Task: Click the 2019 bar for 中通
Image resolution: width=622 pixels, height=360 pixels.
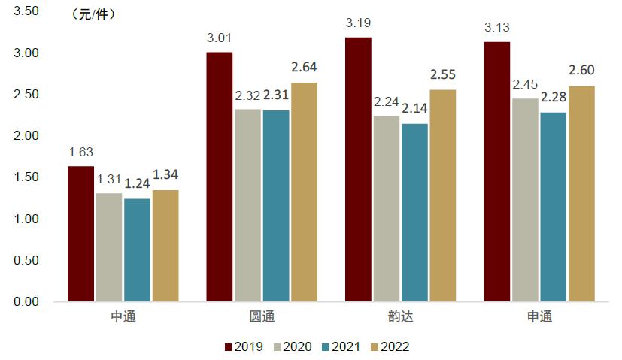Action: click(81, 234)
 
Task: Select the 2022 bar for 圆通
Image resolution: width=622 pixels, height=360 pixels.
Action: click(303, 192)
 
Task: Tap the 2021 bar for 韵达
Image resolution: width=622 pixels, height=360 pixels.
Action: click(414, 213)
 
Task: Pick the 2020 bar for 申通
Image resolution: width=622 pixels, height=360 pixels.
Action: click(525, 200)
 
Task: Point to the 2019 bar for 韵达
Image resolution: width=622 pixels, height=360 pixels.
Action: click(358, 169)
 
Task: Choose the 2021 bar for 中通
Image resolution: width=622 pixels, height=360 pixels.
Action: click(137, 250)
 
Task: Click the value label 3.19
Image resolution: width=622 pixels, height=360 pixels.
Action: click(359, 24)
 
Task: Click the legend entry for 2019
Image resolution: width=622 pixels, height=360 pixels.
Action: click(243, 346)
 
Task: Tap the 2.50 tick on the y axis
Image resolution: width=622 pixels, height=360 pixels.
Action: click(27, 94)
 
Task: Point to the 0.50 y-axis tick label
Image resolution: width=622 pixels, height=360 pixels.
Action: click(27, 260)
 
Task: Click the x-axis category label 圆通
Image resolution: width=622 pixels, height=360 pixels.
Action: click(261, 316)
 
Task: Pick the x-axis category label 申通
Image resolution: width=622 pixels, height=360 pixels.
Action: click(539, 316)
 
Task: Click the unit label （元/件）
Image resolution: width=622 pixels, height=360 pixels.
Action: click(93, 14)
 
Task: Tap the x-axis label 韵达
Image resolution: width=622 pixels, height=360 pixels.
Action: click(399, 316)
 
